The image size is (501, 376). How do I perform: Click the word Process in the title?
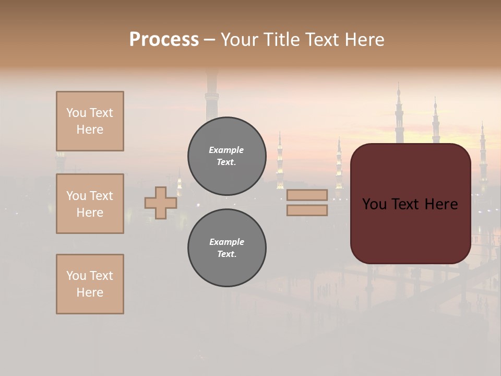[x=164, y=40]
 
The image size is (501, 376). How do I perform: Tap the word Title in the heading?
[x=278, y=40]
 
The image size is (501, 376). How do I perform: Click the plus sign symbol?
[x=161, y=203]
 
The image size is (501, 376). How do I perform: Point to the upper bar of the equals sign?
[x=307, y=195]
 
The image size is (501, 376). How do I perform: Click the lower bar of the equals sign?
[x=307, y=210]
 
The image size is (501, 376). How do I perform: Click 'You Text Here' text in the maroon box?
[x=410, y=204]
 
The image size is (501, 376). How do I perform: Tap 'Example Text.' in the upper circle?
[x=226, y=156]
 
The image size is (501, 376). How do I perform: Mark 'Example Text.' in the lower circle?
[x=226, y=248]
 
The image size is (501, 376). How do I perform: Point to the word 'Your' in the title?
[x=238, y=40]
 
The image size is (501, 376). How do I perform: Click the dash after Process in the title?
[x=210, y=40]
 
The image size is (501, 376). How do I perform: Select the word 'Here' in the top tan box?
[x=90, y=130]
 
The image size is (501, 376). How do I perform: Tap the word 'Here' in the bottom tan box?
[x=90, y=292]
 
